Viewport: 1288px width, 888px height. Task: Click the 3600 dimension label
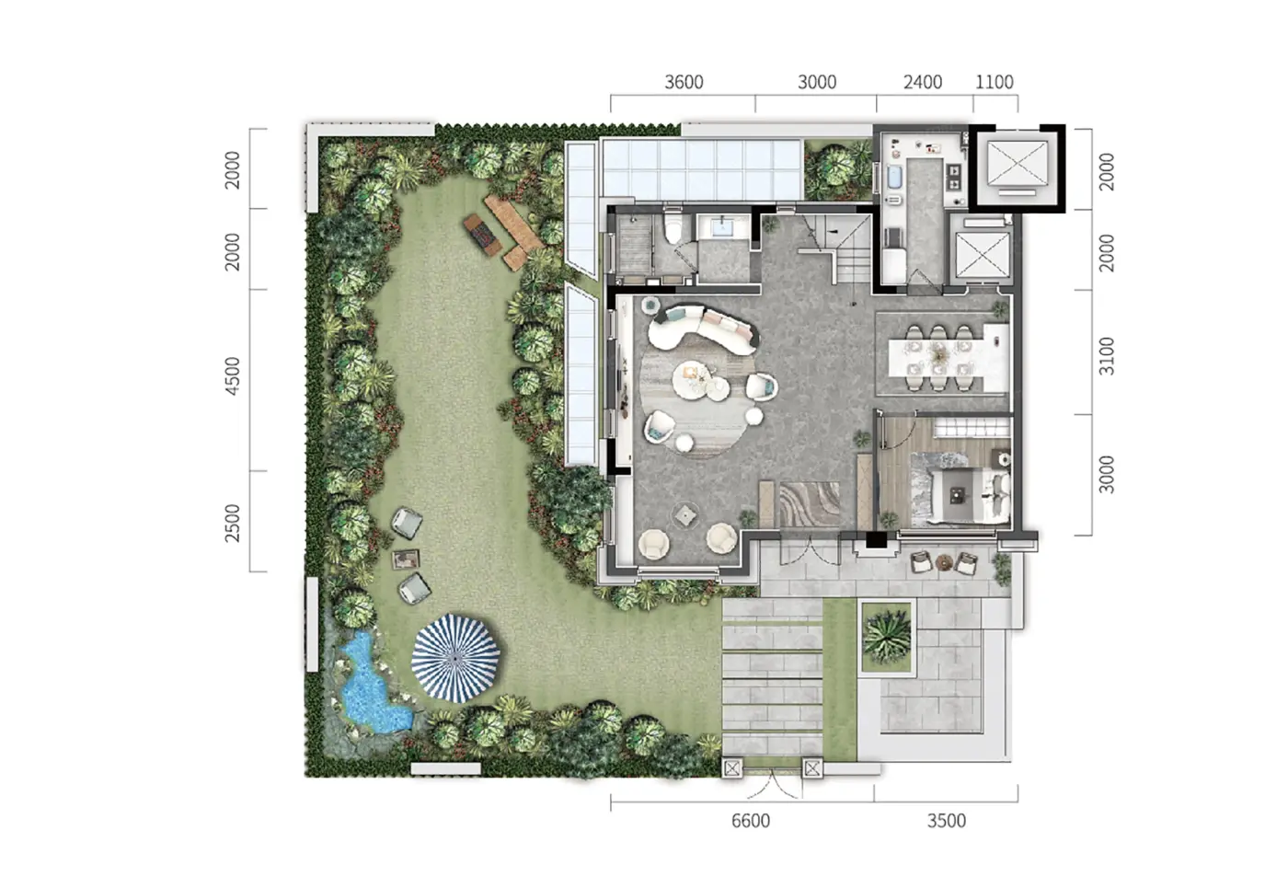coord(684,82)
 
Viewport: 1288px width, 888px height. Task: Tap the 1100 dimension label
coord(995,82)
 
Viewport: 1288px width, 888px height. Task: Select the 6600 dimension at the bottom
coord(751,821)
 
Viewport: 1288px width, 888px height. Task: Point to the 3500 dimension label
coord(947,821)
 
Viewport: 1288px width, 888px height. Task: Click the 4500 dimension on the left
coord(232,376)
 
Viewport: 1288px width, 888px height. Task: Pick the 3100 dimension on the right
coord(1106,357)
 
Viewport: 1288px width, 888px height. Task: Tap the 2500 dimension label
coord(232,523)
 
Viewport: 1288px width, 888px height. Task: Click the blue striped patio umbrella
coord(455,658)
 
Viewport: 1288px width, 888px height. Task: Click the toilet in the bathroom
coord(673,226)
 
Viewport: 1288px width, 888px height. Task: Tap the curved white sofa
coord(700,330)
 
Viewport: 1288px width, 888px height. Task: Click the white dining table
coord(949,358)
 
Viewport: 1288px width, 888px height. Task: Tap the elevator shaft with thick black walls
coord(1018,167)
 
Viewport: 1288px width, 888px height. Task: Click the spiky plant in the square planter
coord(886,636)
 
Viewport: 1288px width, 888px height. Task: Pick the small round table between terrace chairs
coord(944,562)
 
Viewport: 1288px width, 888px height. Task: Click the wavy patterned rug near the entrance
coord(810,504)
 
